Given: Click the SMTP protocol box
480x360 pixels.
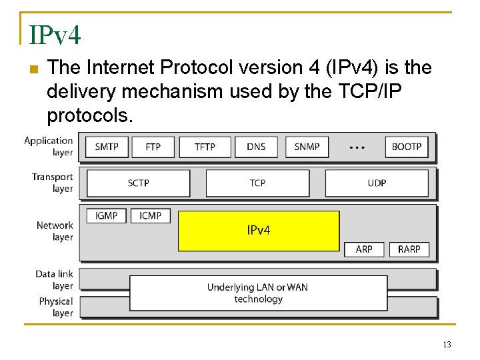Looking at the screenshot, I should click(x=107, y=147).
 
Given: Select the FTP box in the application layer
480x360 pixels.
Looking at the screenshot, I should click(x=153, y=147).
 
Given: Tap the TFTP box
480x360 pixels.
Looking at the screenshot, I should click(x=205, y=147).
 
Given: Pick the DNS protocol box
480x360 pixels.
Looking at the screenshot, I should click(x=256, y=147).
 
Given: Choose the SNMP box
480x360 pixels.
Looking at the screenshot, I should click(x=307, y=147).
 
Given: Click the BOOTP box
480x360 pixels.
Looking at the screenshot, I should click(x=406, y=147).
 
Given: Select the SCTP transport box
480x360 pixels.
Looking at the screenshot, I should click(x=139, y=183).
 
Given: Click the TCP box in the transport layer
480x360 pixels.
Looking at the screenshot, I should click(x=257, y=183).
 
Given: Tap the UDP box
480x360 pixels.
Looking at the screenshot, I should click(x=377, y=183).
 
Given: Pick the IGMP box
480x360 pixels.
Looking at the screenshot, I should click(x=107, y=216).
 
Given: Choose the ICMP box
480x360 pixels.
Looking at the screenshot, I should click(x=151, y=216).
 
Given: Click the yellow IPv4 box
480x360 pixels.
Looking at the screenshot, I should click(x=259, y=231).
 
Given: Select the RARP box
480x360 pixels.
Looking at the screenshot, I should click(x=409, y=249).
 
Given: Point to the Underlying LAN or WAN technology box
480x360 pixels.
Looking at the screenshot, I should click(x=258, y=293).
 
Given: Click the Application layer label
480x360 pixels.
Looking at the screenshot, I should click(x=49, y=146).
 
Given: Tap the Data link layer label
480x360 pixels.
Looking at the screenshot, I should click(x=55, y=280).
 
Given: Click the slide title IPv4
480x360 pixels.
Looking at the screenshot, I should click(x=55, y=35).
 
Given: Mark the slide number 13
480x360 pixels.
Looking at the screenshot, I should click(x=446, y=345).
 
